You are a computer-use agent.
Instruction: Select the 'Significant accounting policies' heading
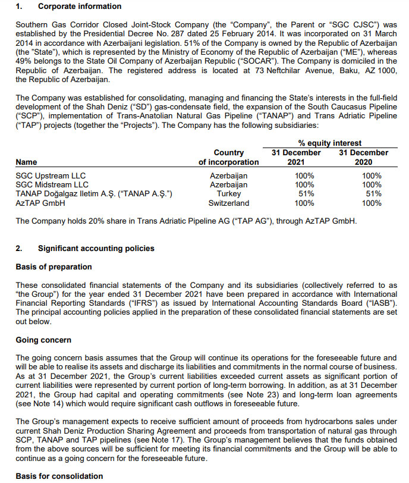(96, 248)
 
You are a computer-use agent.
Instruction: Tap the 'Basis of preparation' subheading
(54, 266)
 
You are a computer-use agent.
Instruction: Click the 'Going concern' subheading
(43, 340)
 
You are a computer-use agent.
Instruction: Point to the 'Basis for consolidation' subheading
(59, 476)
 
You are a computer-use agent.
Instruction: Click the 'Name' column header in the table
(26, 162)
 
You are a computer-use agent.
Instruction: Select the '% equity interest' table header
(329, 143)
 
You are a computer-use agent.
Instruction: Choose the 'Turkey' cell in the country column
(229, 194)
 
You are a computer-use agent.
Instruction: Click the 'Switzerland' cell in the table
(229, 203)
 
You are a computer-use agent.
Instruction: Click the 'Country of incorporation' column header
(229, 157)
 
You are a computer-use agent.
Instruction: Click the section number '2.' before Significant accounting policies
(19, 248)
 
